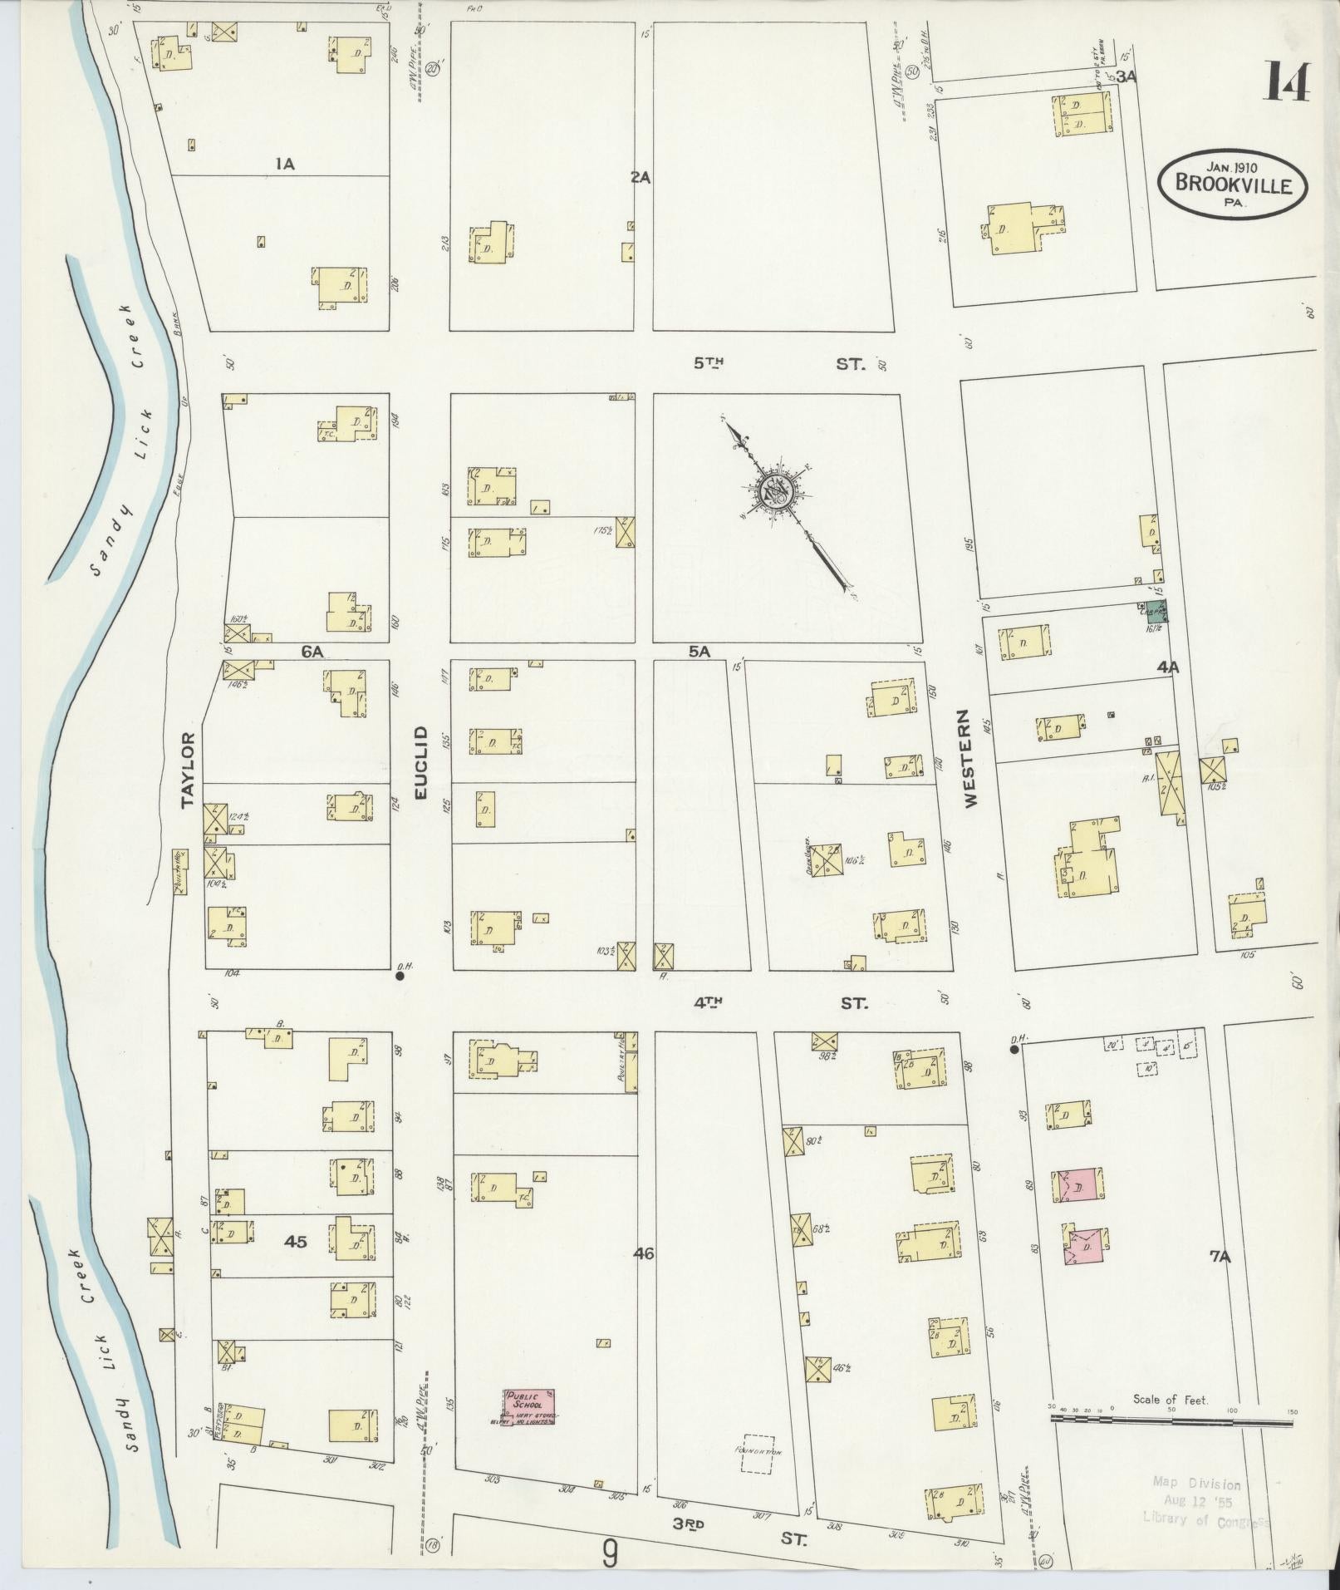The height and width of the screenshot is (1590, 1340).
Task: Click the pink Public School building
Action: click(x=529, y=1405)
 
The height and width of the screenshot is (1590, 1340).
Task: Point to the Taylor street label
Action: click(x=187, y=769)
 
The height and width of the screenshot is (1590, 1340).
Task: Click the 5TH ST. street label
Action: click(x=781, y=363)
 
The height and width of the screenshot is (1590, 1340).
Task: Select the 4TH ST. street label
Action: click(x=781, y=1003)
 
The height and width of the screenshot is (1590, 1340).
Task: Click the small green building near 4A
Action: click(x=1156, y=612)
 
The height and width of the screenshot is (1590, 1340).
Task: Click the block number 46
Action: click(x=644, y=1253)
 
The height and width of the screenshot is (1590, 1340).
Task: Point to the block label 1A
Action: click(x=285, y=165)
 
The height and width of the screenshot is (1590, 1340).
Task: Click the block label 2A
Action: click(x=640, y=177)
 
